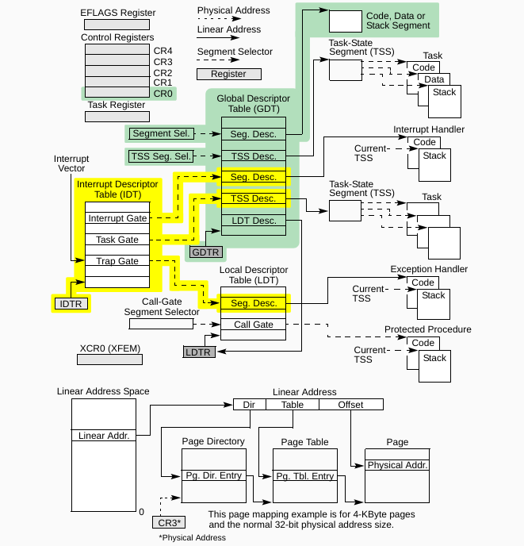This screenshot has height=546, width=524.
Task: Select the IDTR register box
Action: [71, 303]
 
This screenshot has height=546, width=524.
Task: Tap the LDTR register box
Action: [198, 351]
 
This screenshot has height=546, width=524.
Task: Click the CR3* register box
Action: [168, 521]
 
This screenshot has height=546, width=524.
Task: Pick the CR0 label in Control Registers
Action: [163, 94]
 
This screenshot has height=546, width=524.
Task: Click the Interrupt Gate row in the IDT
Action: [117, 218]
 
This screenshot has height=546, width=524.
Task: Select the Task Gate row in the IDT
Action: [117, 240]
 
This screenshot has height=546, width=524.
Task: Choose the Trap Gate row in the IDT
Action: [117, 261]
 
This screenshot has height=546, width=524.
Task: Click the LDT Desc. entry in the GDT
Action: [254, 220]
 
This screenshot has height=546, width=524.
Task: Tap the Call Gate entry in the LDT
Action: [254, 325]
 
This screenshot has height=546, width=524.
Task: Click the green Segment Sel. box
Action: [162, 133]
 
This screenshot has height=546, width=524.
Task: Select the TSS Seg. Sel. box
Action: [162, 156]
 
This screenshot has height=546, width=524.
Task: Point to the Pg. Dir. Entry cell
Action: [215, 475]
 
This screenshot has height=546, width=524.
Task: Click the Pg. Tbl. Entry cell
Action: [305, 475]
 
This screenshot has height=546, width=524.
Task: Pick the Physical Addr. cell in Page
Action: [397, 465]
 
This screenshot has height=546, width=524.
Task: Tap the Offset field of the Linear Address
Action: [350, 405]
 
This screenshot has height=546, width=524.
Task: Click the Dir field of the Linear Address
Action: [249, 405]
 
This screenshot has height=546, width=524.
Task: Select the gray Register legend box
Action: [227, 74]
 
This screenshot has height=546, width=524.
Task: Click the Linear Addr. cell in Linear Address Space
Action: [103, 435]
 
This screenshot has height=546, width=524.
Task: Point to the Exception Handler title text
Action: [428, 270]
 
